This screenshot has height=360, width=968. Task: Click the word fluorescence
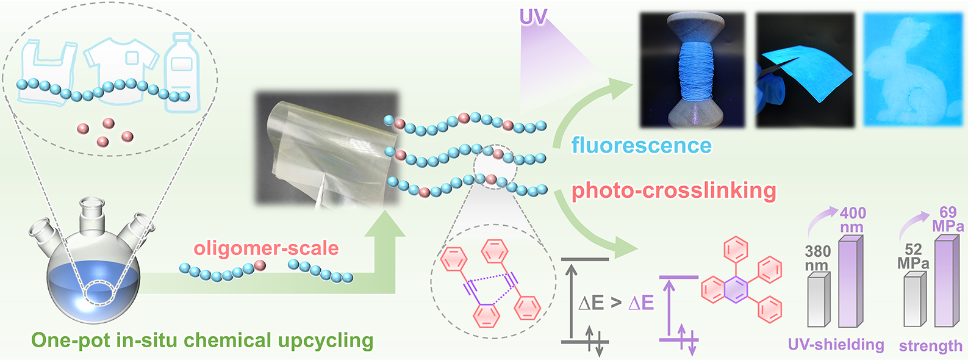click(x=641, y=146)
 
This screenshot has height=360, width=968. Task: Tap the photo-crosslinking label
click(x=673, y=191)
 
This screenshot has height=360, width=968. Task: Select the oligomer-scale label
click(x=266, y=248)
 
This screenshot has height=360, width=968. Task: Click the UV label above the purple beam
click(x=532, y=17)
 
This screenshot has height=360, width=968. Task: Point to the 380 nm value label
click(x=817, y=258)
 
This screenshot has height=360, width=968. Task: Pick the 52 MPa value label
click(x=913, y=256)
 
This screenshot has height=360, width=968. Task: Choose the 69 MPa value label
click(x=947, y=219)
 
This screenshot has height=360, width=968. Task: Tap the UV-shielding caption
click(x=836, y=345)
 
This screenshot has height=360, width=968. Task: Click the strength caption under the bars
click(x=930, y=346)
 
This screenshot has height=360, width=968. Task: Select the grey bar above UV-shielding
click(x=819, y=300)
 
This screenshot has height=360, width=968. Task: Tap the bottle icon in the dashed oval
click(x=182, y=70)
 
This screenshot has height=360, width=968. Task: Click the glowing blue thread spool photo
click(x=692, y=70)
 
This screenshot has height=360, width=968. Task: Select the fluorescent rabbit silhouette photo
click(x=912, y=70)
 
